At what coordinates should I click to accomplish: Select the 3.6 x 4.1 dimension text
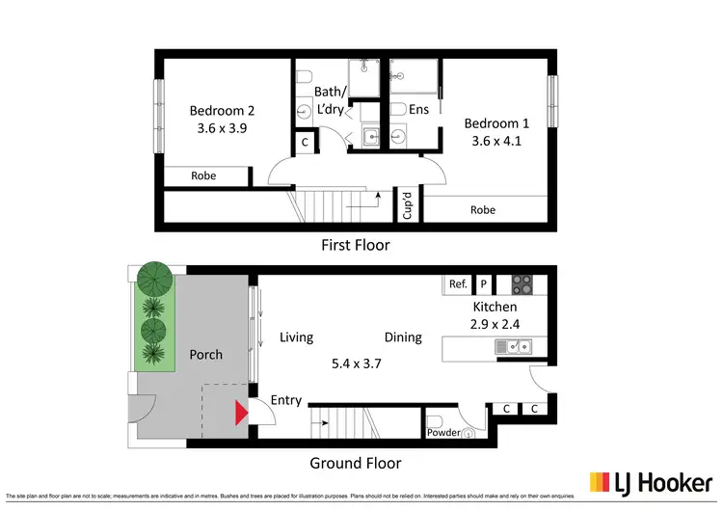[x=496, y=141]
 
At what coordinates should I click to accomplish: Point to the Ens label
[x=418, y=110]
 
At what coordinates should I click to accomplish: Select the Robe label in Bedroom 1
[x=483, y=209]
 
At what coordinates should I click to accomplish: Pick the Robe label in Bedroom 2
[x=203, y=176]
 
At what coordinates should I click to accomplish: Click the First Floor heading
[x=355, y=245]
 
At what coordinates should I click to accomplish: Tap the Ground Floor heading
[x=355, y=463]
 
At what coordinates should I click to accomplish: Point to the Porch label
[x=205, y=355]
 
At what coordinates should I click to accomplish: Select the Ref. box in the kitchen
[x=458, y=284]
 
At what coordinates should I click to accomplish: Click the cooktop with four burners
[x=521, y=284]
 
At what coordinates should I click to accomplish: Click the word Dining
[x=403, y=337]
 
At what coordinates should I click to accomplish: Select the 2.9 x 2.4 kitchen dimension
[x=495, y=325]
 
